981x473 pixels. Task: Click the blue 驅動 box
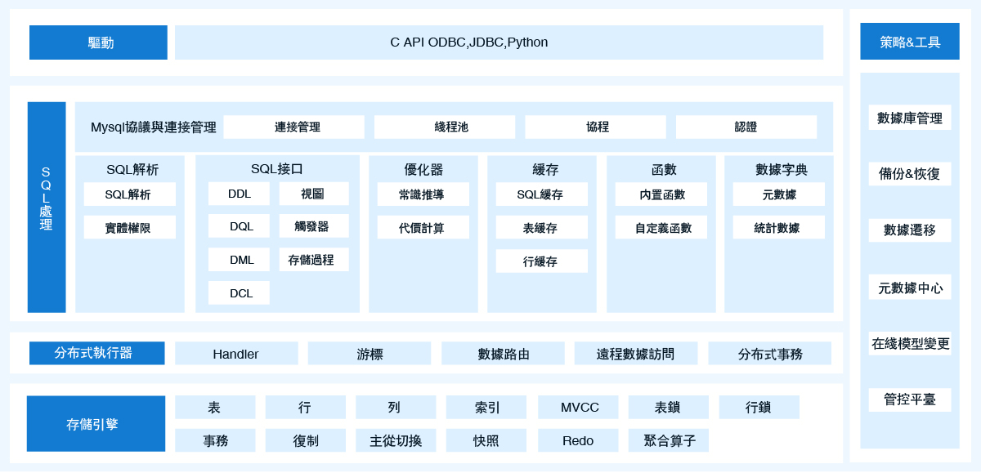click(98, 42)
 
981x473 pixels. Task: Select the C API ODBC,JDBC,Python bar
click(499, 42)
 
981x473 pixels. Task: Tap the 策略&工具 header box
click(910, 41)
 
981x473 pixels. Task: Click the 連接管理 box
click(293, 127)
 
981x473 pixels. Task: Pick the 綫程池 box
click(445, 127)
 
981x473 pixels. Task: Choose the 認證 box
click(746, 127)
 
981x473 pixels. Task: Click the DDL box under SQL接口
click(239, 194)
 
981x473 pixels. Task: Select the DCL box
click(239, 292)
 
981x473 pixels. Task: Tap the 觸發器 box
click(314, 226)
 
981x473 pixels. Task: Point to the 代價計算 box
click(423, 227)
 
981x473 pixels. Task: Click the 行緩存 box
click(542, 261)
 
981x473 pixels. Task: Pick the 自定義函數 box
click(661, 227)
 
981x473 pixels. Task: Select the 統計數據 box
click(778, 227)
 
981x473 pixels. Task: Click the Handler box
click(236, 353)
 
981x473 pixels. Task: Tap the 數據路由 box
click(503, 353)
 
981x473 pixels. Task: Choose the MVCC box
click(578, 408)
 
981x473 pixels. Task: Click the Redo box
click(578, 440)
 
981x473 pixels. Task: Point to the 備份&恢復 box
click(910, 174)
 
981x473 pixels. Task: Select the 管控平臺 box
click(910, 399)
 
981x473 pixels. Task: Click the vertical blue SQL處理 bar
click(47, 207)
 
